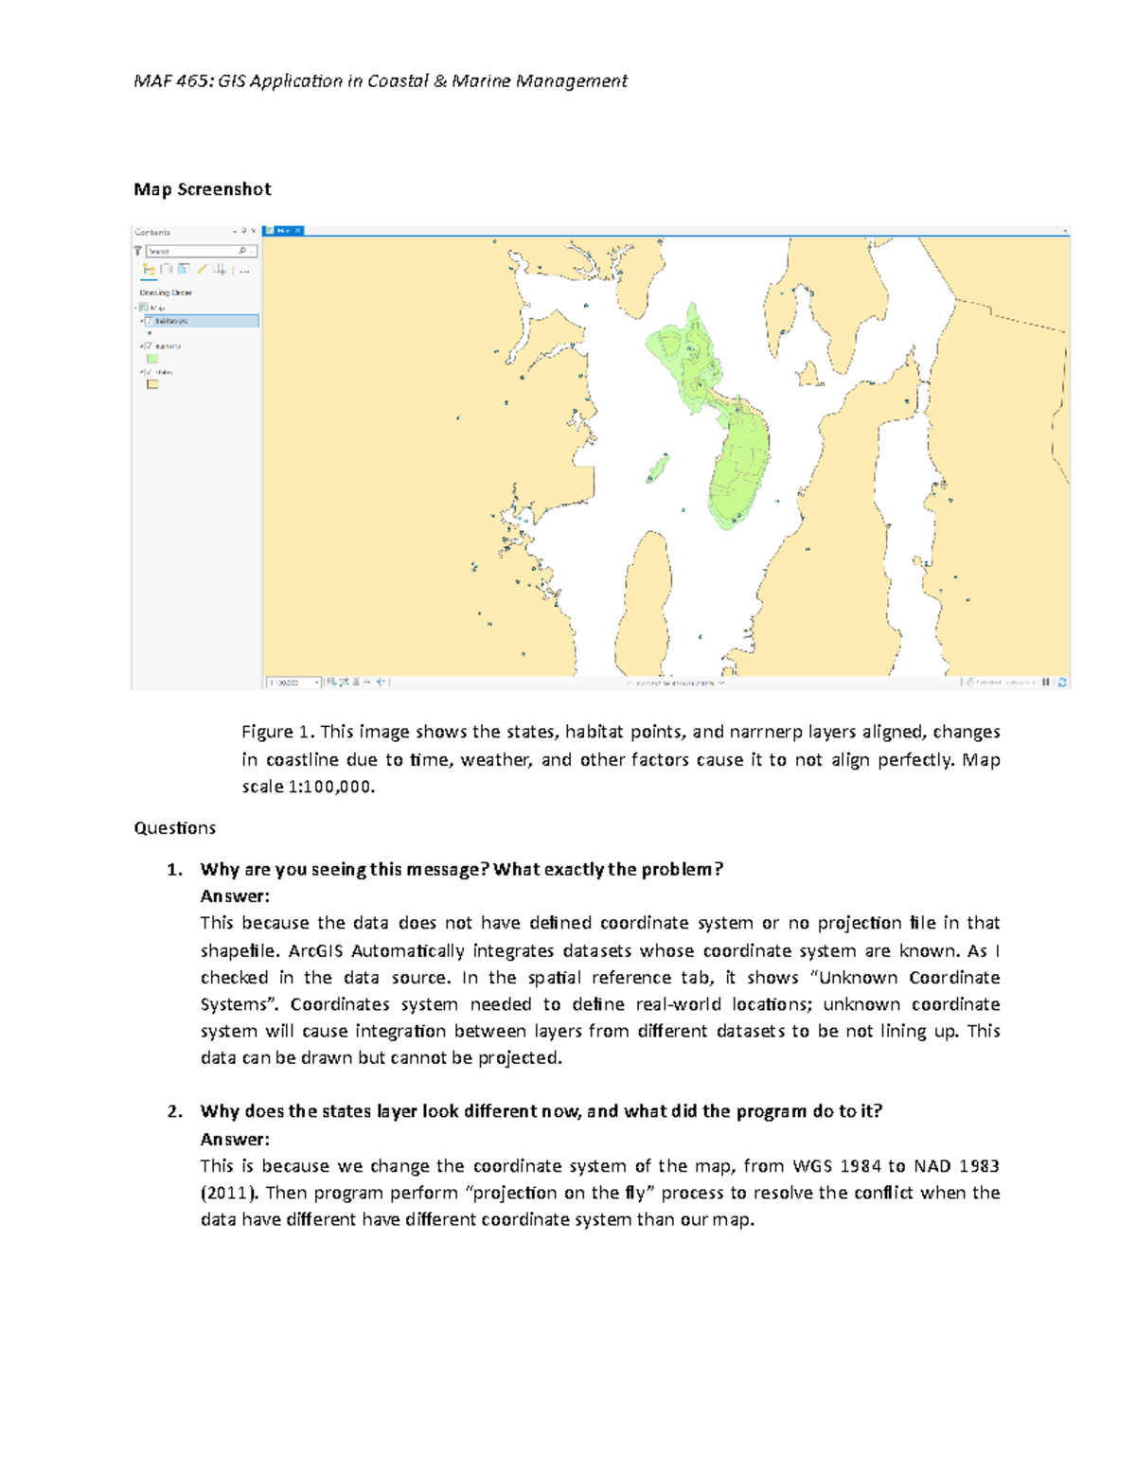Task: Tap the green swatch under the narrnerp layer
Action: [x=152, y=359]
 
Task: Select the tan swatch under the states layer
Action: [x=152, y=384]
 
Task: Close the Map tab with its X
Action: [x=297, y=230]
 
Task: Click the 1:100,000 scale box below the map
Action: [x=292, y=682]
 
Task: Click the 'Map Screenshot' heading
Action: [x=203, y=189]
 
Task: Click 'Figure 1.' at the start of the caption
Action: [x=277, y=732]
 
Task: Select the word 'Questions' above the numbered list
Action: [x=175, y=828]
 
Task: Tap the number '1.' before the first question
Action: [x=174, y=870]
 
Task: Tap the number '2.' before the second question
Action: [x=174, y=1112]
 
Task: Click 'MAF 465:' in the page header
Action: [x=173, y=81]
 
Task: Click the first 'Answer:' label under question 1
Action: [x=235, y=896]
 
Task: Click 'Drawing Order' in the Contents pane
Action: [x=166, y=292]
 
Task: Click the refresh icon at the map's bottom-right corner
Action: [x=1062, y=682]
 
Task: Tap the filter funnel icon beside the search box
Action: [x=137, y=251]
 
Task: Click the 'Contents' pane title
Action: [x=152, y=232]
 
